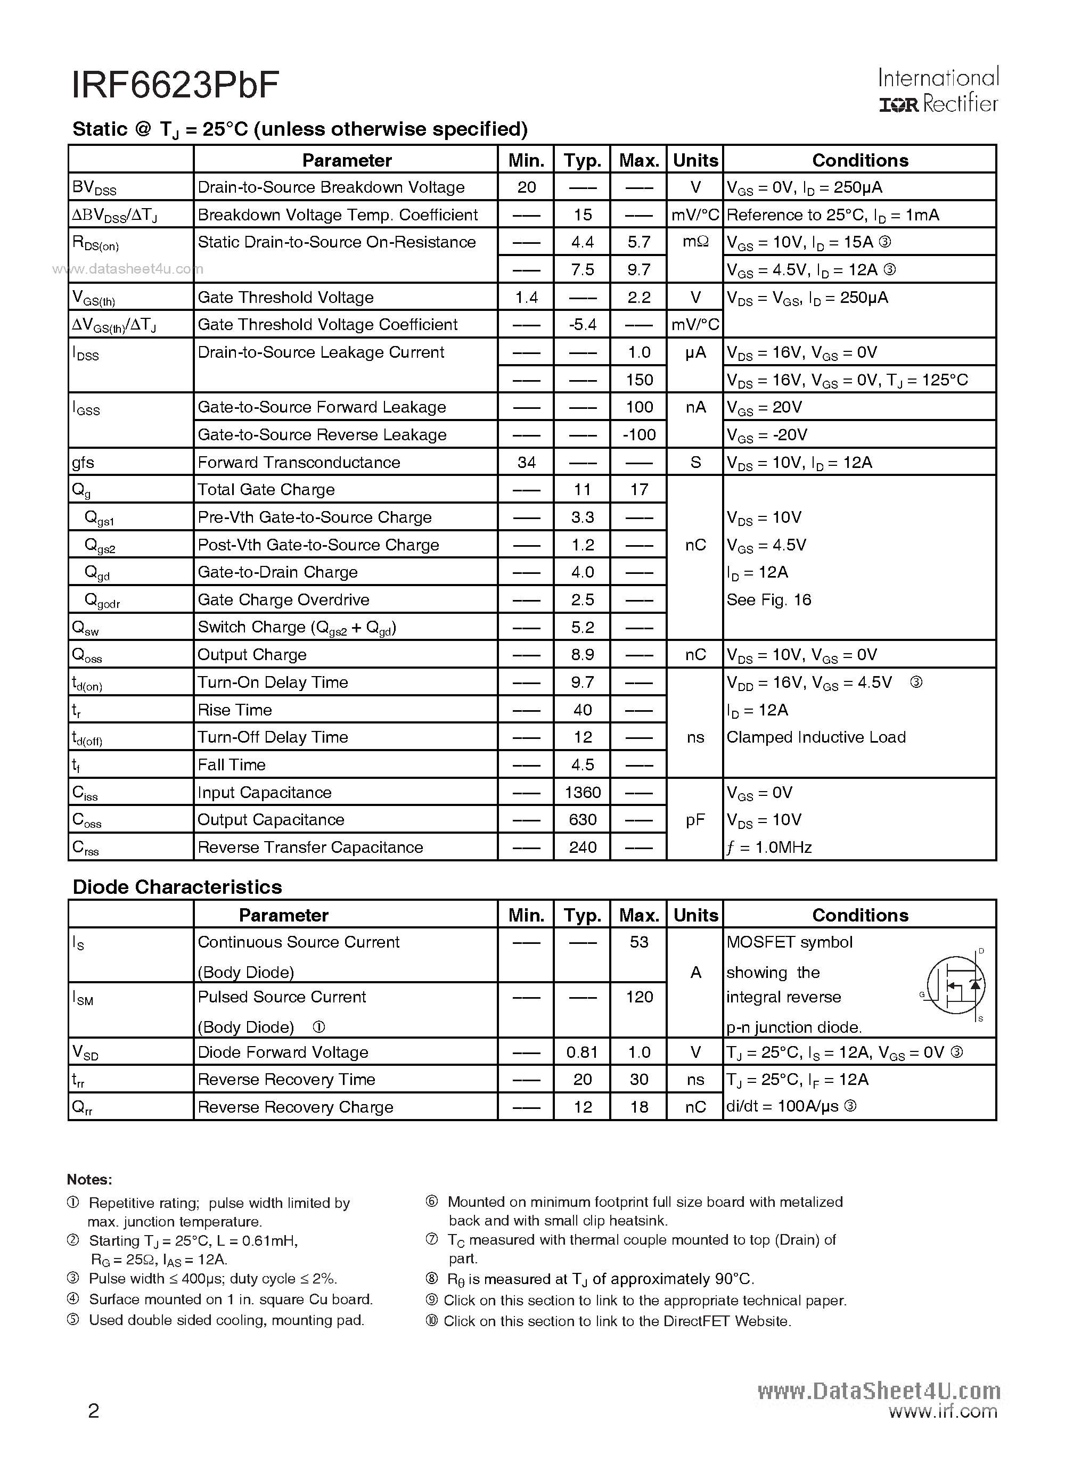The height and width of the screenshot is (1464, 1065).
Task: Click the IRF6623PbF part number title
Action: pyautogui.click(x=176, y=85)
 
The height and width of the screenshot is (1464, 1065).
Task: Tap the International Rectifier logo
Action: pyautogui.click(x=938, y=91)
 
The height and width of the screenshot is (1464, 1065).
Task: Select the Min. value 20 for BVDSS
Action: pyautogui.click(x=526, y=187)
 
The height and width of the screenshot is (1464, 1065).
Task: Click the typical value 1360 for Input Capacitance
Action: pyautogui.click(x=583, y=792)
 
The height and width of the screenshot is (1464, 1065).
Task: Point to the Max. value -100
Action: pyautogui.click(x=639, y=434)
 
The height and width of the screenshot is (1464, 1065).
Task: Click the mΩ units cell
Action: pyautogui.click(x=695, y=242)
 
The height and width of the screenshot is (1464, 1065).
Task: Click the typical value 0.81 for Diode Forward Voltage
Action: pyautogui.click(x=582, y=1052)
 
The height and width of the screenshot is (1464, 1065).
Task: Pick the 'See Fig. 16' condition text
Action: pyautogui.click(x=768, y=599)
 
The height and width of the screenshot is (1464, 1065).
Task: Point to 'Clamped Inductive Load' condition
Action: pyautogui.click(x=816, y=737)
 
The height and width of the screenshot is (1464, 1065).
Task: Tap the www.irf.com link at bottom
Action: pyautogui.click(x=943, y=1411)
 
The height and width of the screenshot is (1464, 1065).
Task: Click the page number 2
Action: pyautogui.click(x=93, y=1411)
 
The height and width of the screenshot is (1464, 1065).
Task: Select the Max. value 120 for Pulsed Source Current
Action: pyautogui.click(x=639, y=997)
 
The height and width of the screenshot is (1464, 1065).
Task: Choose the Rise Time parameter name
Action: pyautogui.click(x=234, y=710)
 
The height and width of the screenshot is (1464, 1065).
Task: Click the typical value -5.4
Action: pyautogui.click(x=582, y=325)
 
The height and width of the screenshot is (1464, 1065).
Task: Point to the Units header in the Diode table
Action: pyautogui.click(x=695, y=915)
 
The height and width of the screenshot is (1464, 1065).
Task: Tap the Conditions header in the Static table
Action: pyautogui.click(x=859, y=160)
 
